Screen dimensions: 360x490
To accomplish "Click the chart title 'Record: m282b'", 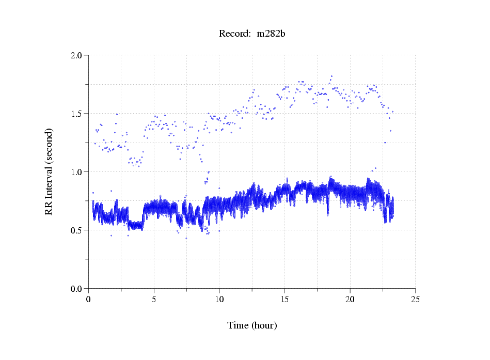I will point(252,34).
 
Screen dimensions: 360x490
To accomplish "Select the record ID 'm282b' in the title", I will point(271,34).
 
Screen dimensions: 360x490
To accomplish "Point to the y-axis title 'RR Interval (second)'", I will point(49,171).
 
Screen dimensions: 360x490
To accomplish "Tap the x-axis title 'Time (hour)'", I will point(252,325).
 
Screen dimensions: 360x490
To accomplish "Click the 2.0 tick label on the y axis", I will point(80,55).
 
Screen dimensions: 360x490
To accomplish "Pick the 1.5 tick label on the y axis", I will point(80,114).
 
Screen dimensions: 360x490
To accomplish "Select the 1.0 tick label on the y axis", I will point(80,172).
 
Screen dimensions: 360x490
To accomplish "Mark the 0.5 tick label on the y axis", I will point(80,230).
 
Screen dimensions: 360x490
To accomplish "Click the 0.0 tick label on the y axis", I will point(80,289).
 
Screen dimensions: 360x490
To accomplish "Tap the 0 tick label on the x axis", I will point(89,299).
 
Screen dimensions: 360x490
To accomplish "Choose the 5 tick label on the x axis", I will point(154,299).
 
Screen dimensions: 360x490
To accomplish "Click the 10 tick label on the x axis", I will point(219,299).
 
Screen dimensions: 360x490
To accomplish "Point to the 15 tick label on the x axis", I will point(284,299).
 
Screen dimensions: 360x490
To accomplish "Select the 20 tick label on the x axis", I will point(350,299).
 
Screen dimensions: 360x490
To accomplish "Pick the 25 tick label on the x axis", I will point(415,299).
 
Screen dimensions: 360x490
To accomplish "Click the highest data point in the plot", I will point(331,76).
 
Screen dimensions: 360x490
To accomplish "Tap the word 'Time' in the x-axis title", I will point(238,325).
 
